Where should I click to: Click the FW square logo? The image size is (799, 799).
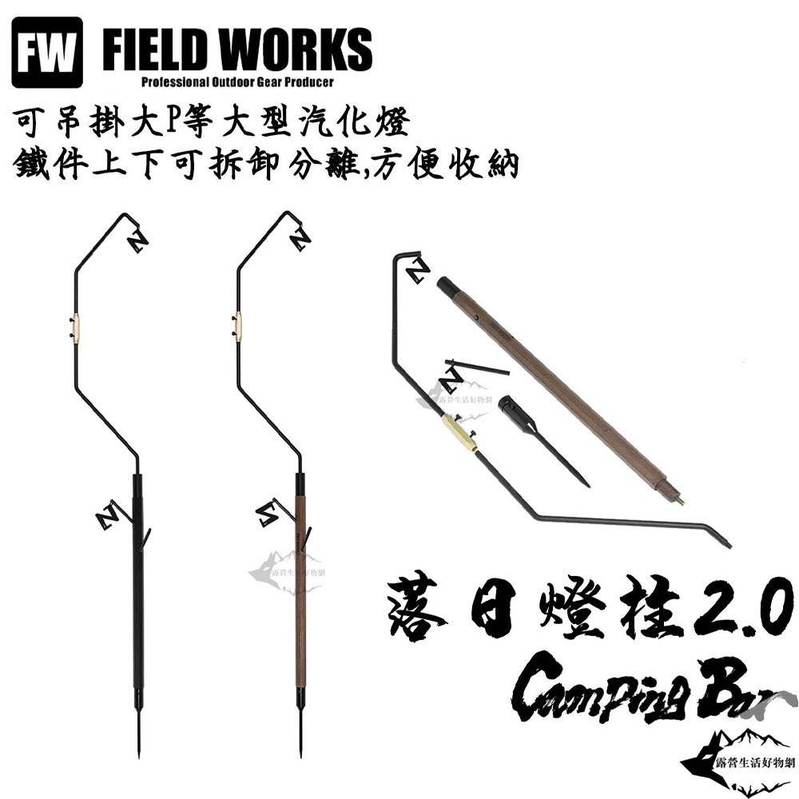pos(47,52)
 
